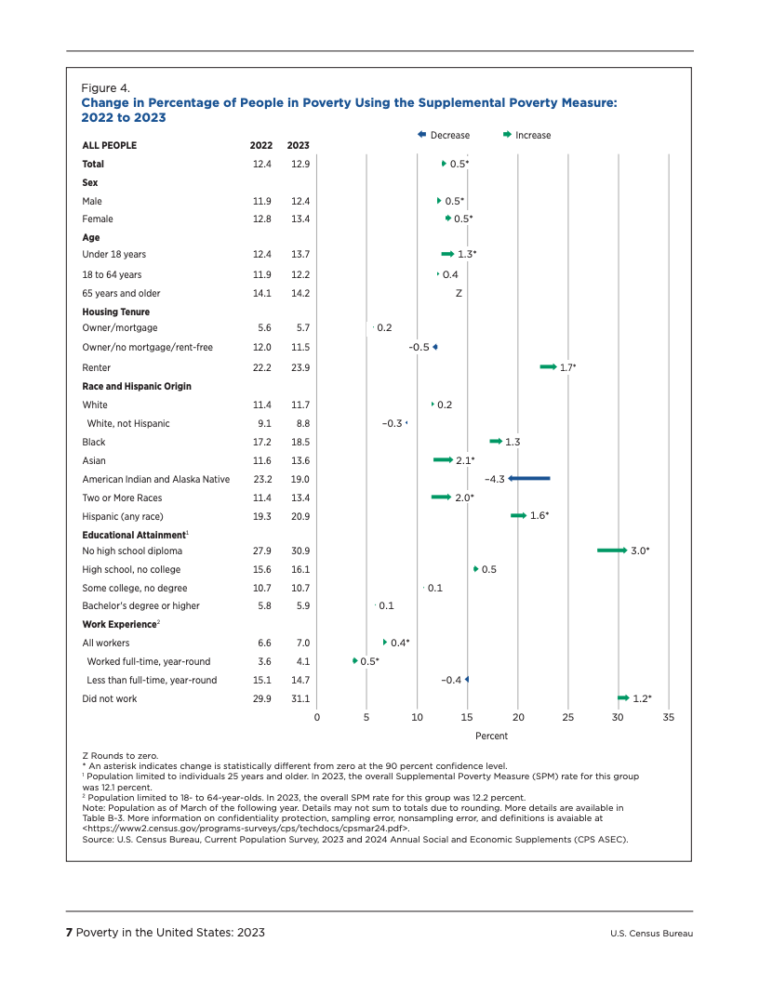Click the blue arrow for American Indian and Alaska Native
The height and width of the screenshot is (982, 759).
[529, 478]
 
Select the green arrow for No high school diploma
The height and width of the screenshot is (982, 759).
[612, 551]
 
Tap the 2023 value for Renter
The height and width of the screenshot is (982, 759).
[299, 367]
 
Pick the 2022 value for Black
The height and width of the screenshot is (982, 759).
[261, 442]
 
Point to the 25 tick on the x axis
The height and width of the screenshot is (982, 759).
[568, 717]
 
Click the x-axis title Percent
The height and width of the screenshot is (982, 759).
[492, 736]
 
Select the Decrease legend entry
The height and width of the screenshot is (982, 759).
[444, 135]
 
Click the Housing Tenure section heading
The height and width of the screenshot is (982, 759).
[115, 312]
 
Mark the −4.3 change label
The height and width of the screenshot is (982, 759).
[494, 479]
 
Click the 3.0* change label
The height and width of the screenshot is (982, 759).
[640, 551]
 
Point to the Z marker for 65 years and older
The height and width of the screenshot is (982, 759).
[459, 293]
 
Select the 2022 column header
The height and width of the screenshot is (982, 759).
[261, 145]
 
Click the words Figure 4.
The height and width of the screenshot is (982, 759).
[105, 88]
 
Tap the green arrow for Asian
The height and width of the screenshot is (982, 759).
[443, 459]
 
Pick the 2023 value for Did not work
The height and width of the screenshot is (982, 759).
[299, 698]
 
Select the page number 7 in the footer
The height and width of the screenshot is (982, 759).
[69, 933]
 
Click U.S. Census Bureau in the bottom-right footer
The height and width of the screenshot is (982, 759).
[652, 933]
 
